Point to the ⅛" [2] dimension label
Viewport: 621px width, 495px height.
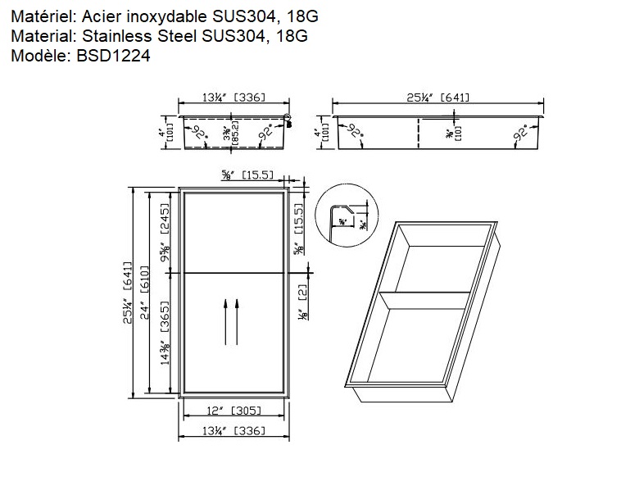pyautogui.click(x=302, y=303)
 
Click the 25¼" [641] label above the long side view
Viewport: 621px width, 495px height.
pyautogui.click(x=437, y=97)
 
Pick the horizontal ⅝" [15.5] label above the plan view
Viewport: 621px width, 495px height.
pyautogui.click(x=247, y=175)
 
